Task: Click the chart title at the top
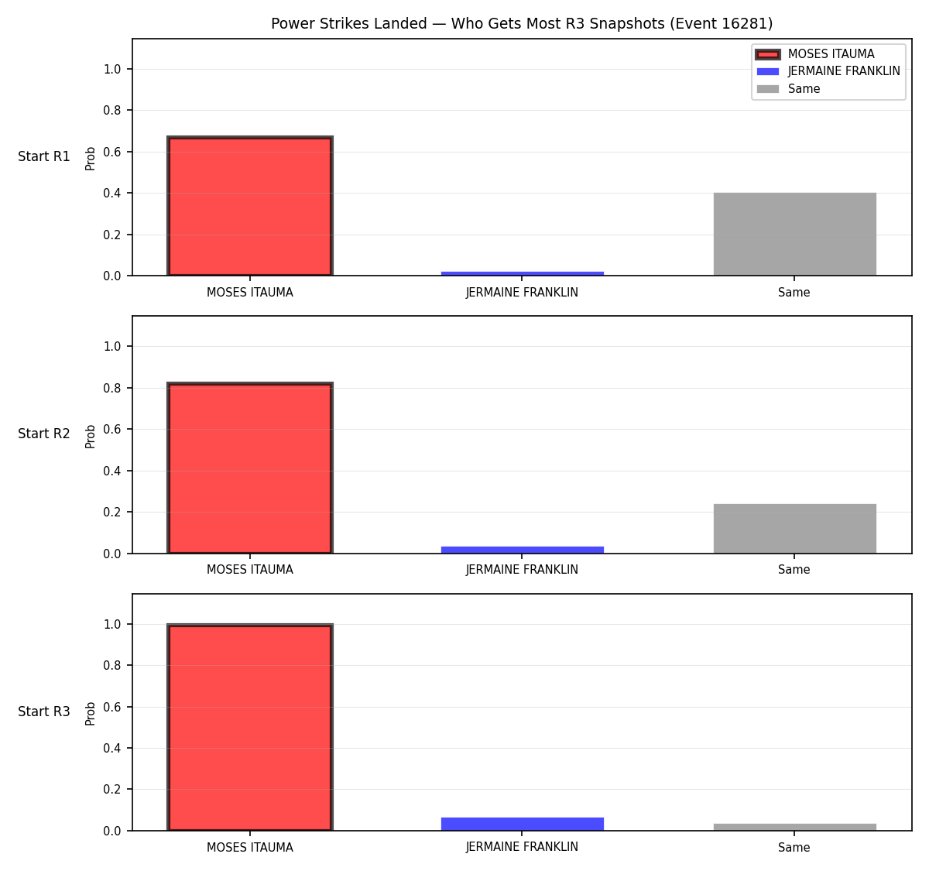[522, 23]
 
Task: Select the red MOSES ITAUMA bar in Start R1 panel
[250, 206]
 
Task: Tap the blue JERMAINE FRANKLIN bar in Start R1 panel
[522, 273]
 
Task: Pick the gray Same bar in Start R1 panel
[794, 234]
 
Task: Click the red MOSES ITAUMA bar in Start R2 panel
[250, 468]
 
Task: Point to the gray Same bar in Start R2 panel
[794, 528]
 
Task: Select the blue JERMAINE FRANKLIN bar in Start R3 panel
[522, 825]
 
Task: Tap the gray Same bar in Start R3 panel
[794, 827]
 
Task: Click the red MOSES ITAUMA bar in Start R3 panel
[250, 727]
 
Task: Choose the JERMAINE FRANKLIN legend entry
[828, 71]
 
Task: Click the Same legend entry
[788, 89]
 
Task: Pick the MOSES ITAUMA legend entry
[815, 54]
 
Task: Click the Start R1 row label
[44, 156]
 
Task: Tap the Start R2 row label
[44, 434]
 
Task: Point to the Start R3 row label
[44, 712]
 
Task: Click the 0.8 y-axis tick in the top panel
[111, 111]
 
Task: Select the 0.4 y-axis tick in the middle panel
[111, 471]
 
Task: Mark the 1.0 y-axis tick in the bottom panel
[111, 624]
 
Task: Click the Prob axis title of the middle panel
[91, 436]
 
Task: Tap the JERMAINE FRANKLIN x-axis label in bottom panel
[522, 847]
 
